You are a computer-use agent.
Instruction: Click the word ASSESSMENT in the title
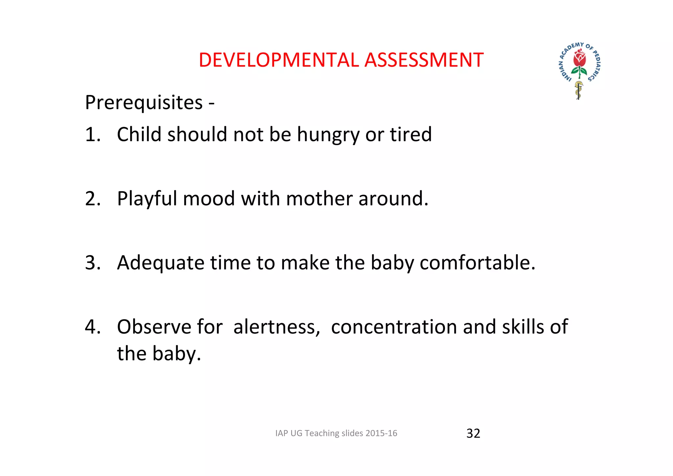pos(424,60)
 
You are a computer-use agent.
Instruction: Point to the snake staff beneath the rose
pos(579,90)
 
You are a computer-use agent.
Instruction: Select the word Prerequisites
pos(144,103)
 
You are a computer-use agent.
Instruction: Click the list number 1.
pos(92,134)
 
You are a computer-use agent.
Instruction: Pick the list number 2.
pos(92,199)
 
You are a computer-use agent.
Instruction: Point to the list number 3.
pos(92,263)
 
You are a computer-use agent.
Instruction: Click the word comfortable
pos(477,263)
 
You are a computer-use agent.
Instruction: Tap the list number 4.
pos(92,327)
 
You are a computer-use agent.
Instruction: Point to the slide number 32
pos(473,433)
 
